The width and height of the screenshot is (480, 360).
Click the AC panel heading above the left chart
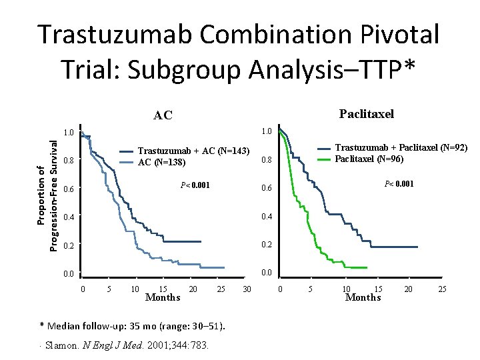pyautogui.click(x=163, y=115)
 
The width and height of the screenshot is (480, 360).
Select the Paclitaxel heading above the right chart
pyautogui.click(x=366, y=113)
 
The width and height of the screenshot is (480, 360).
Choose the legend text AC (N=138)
pyautogui.click(x=162, y=162)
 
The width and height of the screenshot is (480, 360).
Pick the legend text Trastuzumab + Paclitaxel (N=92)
pyautogui.click(x=401, y=147)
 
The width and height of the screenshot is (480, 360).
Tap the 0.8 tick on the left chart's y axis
pyautogui.click(x=68, y=161)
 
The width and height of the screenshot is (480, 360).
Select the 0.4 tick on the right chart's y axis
pyautogui.click(x=267, y=217)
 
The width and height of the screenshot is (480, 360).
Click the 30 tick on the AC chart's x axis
pyautogui.click(x=246, y=289)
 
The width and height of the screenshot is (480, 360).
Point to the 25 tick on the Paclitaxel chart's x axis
pyautogui.click(x=442, y=289)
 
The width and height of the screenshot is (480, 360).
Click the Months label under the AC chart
pyautogui.click(x=163, y=297)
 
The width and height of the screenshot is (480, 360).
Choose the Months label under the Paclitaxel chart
pyautogui.click(x=363, y=297)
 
